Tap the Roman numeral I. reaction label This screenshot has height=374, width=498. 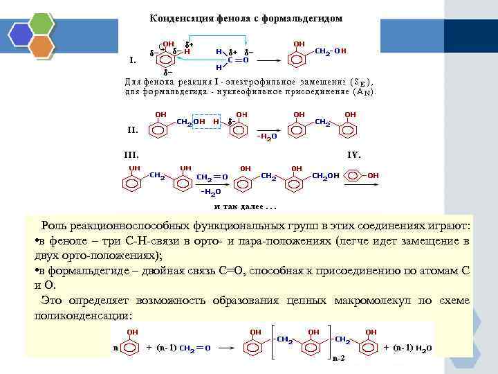(x=132, y=60)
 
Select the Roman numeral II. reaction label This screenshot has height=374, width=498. (x=133, y=129)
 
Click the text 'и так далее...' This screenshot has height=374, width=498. (x=246, y=206)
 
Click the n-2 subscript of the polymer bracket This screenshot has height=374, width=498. (x=338, y=359)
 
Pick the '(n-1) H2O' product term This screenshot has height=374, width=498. (x=414, y=347)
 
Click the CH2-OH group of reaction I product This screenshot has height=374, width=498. (x=331, y=51)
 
